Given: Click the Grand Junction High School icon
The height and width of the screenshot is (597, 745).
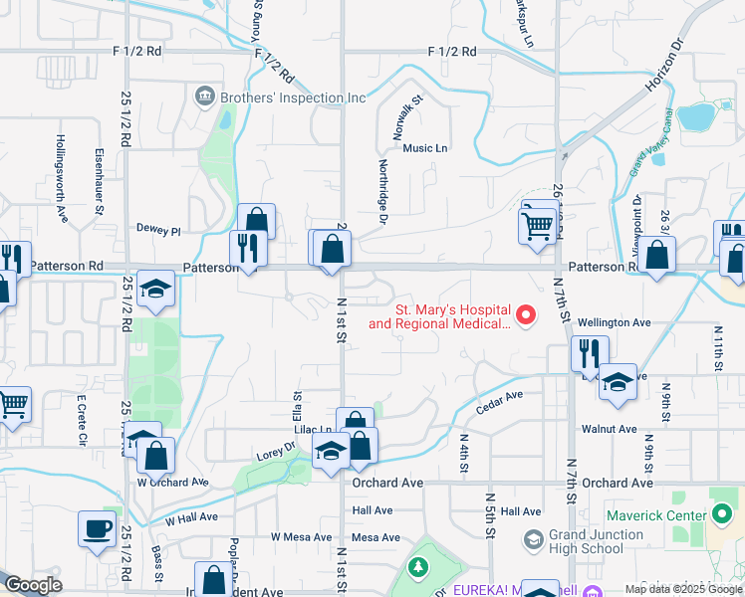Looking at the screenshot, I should (534, 538).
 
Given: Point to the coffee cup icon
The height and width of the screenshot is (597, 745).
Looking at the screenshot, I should (97, 528).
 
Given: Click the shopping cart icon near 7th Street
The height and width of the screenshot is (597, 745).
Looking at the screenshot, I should (537, 225).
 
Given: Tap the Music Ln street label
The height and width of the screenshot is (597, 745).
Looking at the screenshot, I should (425, 148).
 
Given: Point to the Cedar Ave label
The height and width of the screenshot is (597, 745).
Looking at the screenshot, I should (499, 402).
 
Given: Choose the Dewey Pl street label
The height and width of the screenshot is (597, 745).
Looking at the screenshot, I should (158, 230).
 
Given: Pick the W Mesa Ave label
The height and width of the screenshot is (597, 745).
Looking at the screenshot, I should (301, 537).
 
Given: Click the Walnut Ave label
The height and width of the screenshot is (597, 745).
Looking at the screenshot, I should (612, 429).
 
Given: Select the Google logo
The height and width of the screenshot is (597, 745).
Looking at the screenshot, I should (33, 585).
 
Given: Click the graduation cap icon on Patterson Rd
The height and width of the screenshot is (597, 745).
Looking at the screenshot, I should (156, 289).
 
